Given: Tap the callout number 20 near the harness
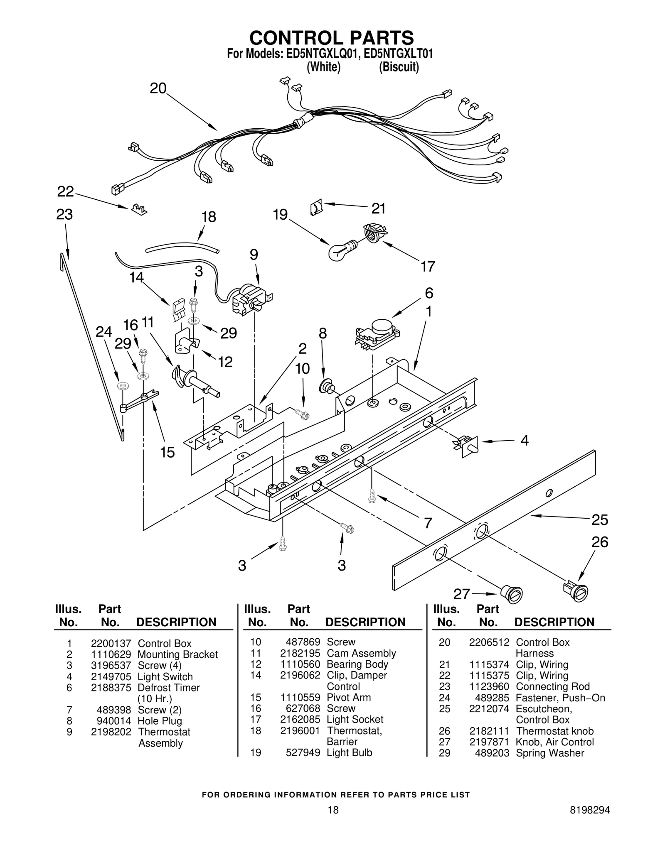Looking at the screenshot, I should pyautogui.click(x=158, y=88).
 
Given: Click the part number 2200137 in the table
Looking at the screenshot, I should pyautogui.click(x=111, y=644).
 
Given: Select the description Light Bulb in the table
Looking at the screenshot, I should pyautogui.click(x=349, y=753).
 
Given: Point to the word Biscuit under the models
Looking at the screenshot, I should pyautogui.click(x=399, y=67).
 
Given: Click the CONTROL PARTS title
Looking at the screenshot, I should pyautogui.click(x=331, y=38).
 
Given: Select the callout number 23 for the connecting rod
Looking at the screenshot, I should pyautogui.click(x=64, y=215).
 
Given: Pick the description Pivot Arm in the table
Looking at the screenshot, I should pyautogui.click(x=348, y=697).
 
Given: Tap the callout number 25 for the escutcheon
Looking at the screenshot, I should pyautogui.click(x=599, y=520).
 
